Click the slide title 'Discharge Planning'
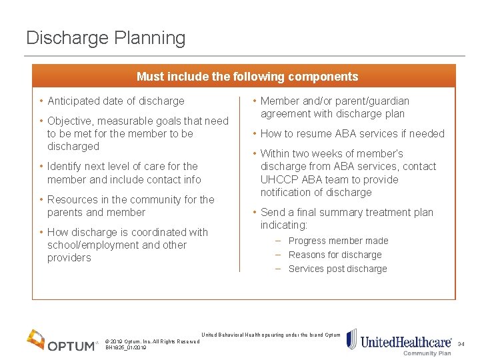click(x=105, y=38)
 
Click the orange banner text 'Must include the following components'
click(x=247, y=77)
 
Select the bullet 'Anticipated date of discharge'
click(x=115, y=101)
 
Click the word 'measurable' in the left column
click(x=125, y=121)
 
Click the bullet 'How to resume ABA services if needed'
click(x=352, y=133)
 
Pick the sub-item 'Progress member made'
click(x=338, y=241)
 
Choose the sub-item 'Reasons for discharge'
click(x=335, y=255)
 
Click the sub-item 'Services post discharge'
click(x=337, y=269)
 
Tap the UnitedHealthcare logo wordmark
click(x=406, y=342)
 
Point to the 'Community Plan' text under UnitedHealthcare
click(x=427, y=353)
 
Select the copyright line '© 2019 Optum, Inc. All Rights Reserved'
click(x=152, y=341)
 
